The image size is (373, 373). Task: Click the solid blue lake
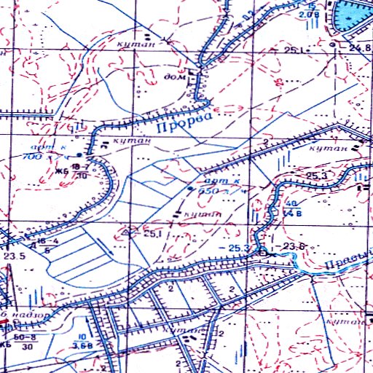[353, 15]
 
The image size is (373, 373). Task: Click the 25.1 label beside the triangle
[152, 234]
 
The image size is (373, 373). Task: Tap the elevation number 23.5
[15, 256]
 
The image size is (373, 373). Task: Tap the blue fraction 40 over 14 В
[292, 208]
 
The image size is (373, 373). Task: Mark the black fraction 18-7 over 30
[81, 170]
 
